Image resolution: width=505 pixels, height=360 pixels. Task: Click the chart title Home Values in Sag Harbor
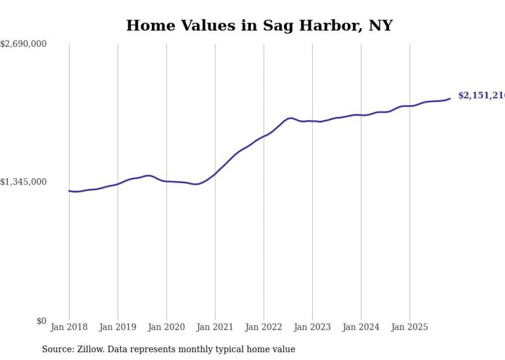(x=259, y=25)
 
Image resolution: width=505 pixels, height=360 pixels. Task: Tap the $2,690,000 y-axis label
(x=23, y=44)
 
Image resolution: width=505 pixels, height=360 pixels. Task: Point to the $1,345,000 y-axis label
(x=23, y=182)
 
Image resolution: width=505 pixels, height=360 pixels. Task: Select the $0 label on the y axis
(x=41, y=321)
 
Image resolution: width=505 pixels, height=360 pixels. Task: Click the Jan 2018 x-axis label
(x=69, y=327)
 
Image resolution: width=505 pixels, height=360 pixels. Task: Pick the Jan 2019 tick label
(x=117, y=327)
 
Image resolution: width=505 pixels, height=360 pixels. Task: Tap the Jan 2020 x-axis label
(x=166, y=327)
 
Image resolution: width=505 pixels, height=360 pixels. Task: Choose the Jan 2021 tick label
(x=215, y=327)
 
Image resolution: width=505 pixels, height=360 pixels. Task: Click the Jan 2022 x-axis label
(x=264, y=327)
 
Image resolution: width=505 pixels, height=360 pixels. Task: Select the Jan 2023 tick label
(x=312, y=327)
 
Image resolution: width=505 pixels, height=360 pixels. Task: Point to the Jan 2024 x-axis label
(x=361, y=327)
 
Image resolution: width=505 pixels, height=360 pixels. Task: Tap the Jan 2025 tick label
(x=410, y=327)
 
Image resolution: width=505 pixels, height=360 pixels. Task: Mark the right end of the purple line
(x=450, y=98)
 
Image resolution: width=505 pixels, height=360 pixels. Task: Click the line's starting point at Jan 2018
(x=69, y=191)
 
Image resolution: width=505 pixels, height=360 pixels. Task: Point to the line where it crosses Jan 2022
(x=264, y=136)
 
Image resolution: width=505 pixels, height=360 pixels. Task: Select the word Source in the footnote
(x=56, y=349)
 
